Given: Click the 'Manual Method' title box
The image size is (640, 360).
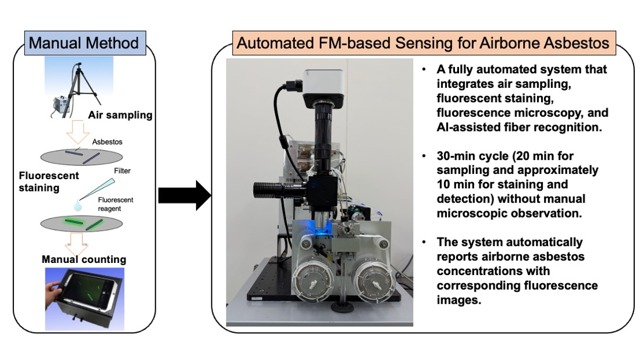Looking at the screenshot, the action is [x=85, y=43].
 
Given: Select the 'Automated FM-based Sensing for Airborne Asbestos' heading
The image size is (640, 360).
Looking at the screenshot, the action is [x=424, y=43].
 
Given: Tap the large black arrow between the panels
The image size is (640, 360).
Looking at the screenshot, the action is [x=184, y=195].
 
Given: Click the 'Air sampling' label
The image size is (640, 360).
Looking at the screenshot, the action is [x=120, y=115].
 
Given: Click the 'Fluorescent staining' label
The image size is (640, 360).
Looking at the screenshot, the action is [x=48, y=181].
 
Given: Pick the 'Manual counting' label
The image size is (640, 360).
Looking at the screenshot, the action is [x=84, y=259].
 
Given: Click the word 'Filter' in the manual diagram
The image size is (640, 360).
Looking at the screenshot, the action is [x=122, y=170].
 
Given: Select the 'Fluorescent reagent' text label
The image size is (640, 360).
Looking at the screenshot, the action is [x=116, y=204].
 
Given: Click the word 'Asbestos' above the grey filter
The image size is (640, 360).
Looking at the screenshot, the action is [x=107, y=142].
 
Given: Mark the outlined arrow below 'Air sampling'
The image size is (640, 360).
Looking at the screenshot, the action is [x=77, y=132].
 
